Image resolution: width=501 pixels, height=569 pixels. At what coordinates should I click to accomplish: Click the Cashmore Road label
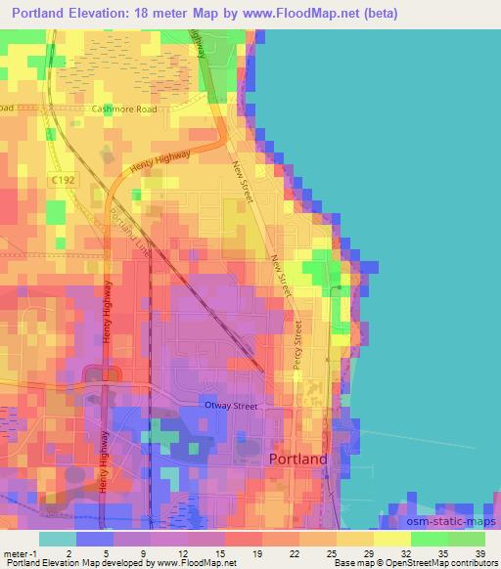pyautogui.click(x=124, y=109)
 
